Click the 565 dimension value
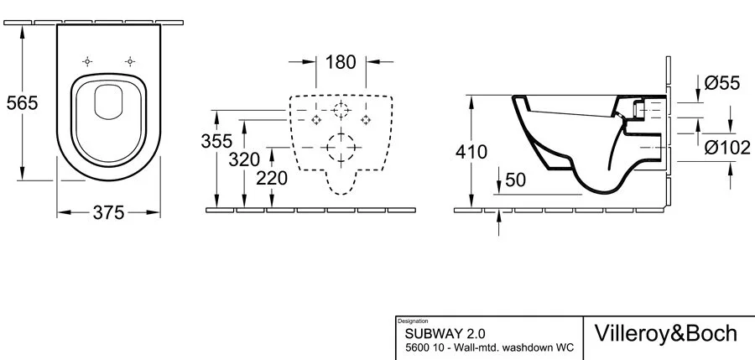22,102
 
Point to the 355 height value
217,141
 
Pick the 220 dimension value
272,178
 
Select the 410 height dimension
472,152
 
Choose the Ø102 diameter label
726,148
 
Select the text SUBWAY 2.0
434,333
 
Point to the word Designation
411,321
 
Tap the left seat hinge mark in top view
87,61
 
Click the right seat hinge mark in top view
130,61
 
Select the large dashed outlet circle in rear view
341,150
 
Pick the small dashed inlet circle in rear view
341,110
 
